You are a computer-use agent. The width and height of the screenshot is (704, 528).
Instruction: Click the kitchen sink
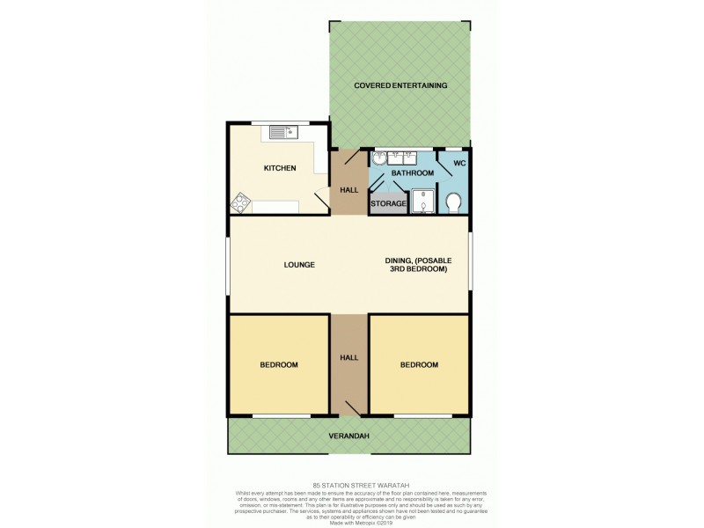pos(285,133)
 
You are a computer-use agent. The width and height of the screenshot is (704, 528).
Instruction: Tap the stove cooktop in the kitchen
pos(241,203)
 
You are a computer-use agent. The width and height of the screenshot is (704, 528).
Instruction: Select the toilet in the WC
pos(454,202)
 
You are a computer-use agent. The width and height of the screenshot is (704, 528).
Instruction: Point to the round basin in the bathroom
pos(379,158)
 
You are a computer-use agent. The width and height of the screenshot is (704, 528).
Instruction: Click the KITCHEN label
pos(280,168)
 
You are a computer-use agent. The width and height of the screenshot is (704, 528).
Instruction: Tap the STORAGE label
pos(388,204)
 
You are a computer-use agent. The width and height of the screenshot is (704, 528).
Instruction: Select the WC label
pos(458,164)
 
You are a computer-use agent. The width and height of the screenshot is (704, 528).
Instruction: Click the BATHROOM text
pos(413,173)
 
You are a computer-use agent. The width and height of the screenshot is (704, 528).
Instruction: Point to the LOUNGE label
pos(299,265)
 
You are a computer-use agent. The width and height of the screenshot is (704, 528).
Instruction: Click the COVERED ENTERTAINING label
pos(400,85)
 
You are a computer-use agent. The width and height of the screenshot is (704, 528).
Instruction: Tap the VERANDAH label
pos(350,436)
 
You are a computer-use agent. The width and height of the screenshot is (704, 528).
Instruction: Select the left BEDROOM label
pos(278,364)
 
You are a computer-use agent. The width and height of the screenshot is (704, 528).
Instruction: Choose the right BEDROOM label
pos(419,364)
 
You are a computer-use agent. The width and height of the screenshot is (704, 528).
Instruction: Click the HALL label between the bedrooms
pos(349,357)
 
